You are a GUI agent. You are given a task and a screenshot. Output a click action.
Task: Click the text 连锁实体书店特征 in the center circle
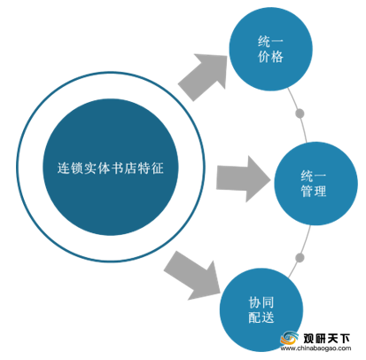pos(111,168)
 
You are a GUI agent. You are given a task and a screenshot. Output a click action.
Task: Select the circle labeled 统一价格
pos(270,49)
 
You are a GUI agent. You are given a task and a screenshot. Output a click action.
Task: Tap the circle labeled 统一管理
pos(315,184)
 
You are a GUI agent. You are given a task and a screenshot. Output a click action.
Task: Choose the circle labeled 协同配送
pos(261,310)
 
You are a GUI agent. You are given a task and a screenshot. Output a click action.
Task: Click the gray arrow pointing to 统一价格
pos(205,76)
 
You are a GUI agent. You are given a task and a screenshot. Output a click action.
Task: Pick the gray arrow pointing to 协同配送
pos(193,276)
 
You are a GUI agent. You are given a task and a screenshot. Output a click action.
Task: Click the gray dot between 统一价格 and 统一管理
pos(300,113)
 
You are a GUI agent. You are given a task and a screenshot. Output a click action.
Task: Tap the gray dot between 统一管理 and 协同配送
pos(300,258)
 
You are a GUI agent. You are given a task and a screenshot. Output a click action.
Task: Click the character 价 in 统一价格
pos(264,57)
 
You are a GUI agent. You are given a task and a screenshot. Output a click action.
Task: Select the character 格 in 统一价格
pos(277,57)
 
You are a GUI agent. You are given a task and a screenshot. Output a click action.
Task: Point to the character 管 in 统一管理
pos(307,191)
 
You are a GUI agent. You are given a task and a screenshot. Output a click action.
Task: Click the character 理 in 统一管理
pos(320,191)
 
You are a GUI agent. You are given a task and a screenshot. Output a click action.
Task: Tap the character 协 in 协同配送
pos(254,302)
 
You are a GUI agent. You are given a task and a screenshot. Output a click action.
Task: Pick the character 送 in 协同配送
pos(268,317)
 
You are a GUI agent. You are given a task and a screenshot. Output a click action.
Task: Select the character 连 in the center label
pos(64,168)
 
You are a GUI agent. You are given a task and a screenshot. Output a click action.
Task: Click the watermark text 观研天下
pos(326,339)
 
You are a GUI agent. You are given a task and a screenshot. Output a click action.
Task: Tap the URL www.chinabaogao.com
pos(315,348)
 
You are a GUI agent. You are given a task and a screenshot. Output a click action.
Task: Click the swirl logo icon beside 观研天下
pos(289,338)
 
